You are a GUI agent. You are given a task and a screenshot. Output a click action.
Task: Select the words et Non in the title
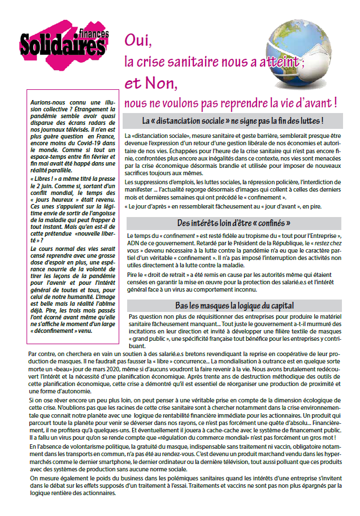tap(151, 83)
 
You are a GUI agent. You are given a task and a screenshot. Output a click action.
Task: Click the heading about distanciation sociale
tap(233, 120)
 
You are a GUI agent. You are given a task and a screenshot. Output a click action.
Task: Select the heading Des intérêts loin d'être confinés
tap(233, 222)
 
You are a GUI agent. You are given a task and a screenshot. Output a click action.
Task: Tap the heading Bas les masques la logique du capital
tap(233, 306)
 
